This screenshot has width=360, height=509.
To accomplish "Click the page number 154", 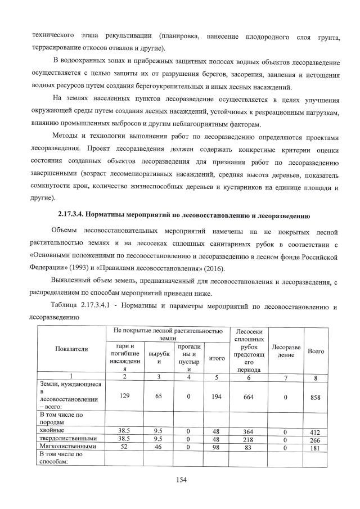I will (x=180, y=479).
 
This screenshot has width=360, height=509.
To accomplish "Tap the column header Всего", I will (x=316, y=351).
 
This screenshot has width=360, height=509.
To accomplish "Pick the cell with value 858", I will (x=316, y=397).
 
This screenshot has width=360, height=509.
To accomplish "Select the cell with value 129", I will (x=124, y=397).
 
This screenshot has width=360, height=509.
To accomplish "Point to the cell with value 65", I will (x=159, y=397).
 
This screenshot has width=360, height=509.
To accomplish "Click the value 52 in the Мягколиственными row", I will (x=124, y=447).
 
